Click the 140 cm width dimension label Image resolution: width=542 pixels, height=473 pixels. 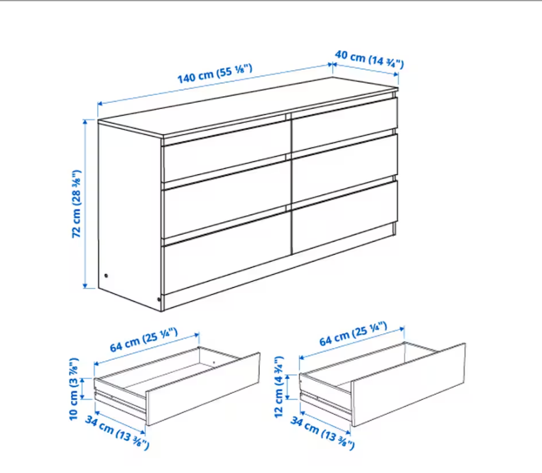coord(215,74)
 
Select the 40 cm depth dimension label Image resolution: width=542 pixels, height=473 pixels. coord(369,59)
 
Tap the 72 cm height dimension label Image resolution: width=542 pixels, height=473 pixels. coord(77,204)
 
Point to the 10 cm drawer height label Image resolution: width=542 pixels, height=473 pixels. coord(74,389)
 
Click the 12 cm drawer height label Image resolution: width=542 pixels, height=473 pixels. coord(279,387)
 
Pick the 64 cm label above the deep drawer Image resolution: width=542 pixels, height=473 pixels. coord(353,334)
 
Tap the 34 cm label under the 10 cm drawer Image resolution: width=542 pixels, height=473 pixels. coord(117,433)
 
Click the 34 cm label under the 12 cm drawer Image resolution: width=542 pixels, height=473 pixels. coord(323,433)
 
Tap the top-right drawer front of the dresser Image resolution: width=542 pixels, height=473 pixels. coord(345,124)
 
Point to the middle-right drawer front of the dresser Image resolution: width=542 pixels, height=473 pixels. coord(345,167)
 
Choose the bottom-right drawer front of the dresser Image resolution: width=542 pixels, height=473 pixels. coord(345,218)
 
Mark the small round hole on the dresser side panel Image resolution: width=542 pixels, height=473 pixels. coord(106,276)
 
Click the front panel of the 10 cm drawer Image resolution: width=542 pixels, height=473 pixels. coord(203,389)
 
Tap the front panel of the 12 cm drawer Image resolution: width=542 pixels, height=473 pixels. coord(409,385)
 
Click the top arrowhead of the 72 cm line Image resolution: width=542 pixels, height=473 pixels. coord(85,122)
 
